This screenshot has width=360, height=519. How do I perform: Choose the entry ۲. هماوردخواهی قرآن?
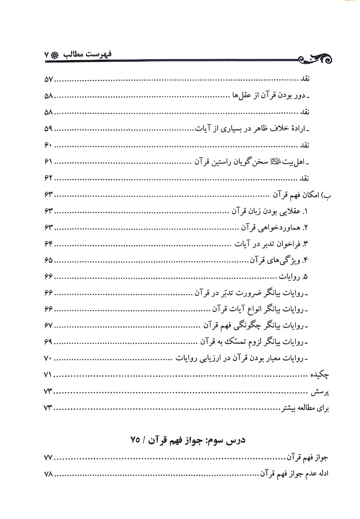(x=274, y=228)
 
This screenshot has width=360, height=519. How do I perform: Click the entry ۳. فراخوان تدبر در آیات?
(x=271, y=244)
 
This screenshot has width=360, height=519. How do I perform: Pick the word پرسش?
(x=320, y=392)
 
